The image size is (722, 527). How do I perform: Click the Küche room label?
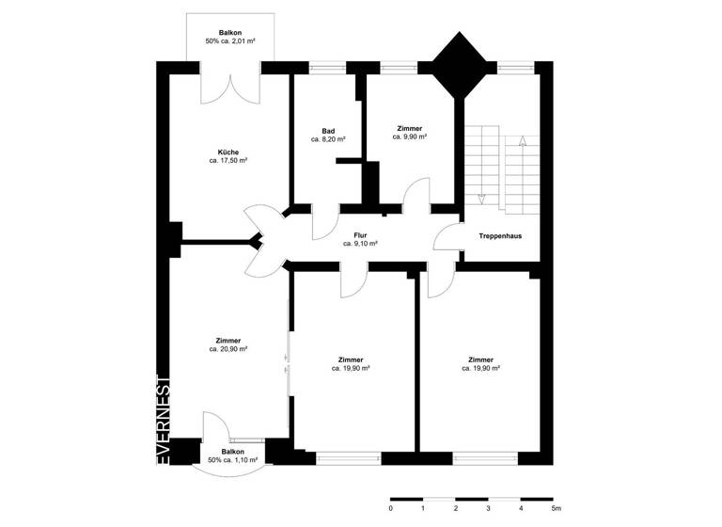pos(228,152)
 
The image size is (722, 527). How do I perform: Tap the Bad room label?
pos(328,131)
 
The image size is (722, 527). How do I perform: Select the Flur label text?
pos(360,235)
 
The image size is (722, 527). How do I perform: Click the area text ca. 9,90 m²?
pos(410,136)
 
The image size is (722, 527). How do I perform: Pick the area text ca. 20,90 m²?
pos(228,349)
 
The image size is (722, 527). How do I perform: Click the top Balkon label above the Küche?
pos(230,32)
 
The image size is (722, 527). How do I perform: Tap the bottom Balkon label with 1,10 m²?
pos(232,452)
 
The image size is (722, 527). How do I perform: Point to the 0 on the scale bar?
pos(390,509)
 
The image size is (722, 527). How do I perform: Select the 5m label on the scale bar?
pos(556,509)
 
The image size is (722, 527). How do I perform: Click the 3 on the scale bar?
pos(488,509)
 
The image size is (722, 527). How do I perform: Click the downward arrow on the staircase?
pos(481,197)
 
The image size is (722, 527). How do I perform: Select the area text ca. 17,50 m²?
pos(228,161)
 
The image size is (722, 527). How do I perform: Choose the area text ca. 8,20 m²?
pos(328,139)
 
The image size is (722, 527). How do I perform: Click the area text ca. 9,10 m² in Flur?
pos(360,244)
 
